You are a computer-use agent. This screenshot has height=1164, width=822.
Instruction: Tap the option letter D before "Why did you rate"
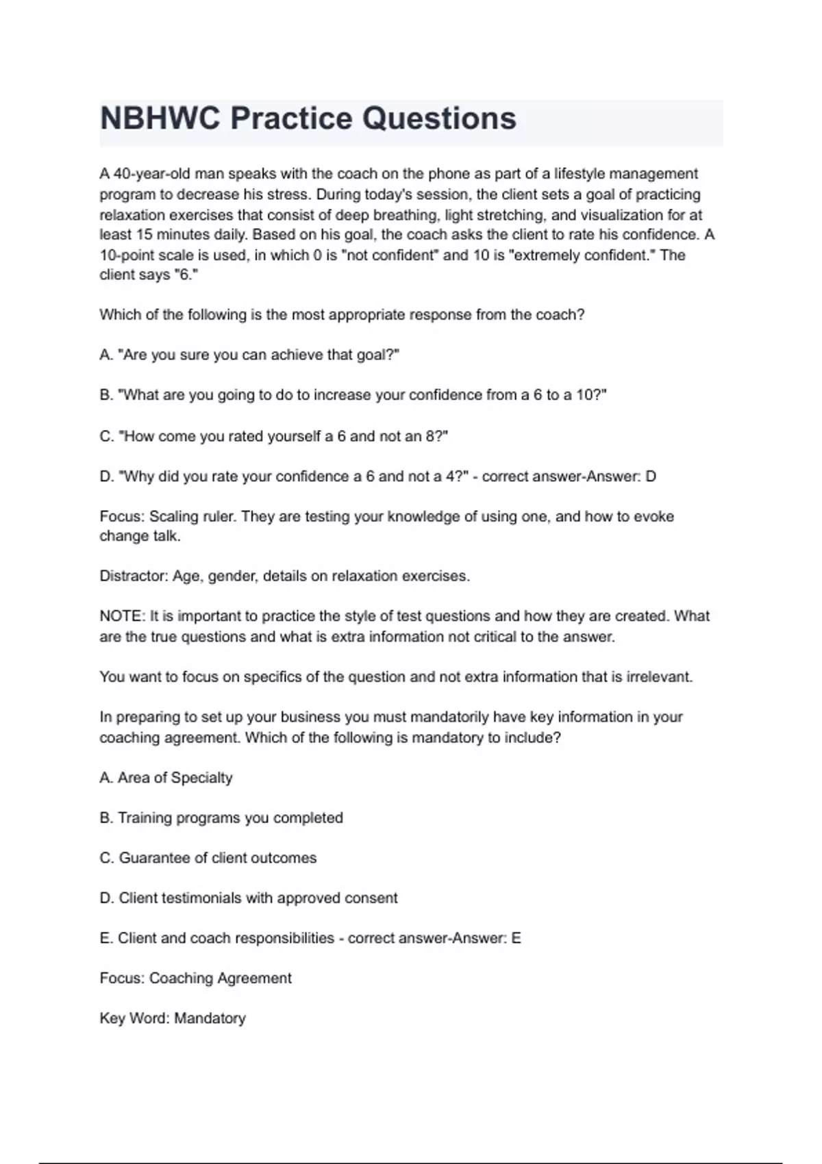tap(105, 476)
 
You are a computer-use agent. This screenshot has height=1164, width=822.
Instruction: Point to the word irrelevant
tap(659, 677)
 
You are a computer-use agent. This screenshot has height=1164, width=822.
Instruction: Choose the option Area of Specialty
tap(175, 778)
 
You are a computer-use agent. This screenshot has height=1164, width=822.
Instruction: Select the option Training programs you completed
tap(230, 818)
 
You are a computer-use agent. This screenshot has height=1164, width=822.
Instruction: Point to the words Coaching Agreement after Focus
tap(220, 978)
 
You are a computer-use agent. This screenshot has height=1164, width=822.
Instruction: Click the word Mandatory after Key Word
tap(210, 1018)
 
